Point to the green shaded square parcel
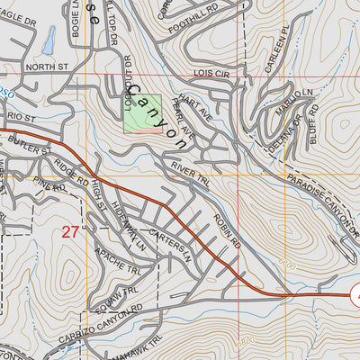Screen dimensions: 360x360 [x=142, y=113]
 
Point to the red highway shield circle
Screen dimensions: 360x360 [x=355, y=293]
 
